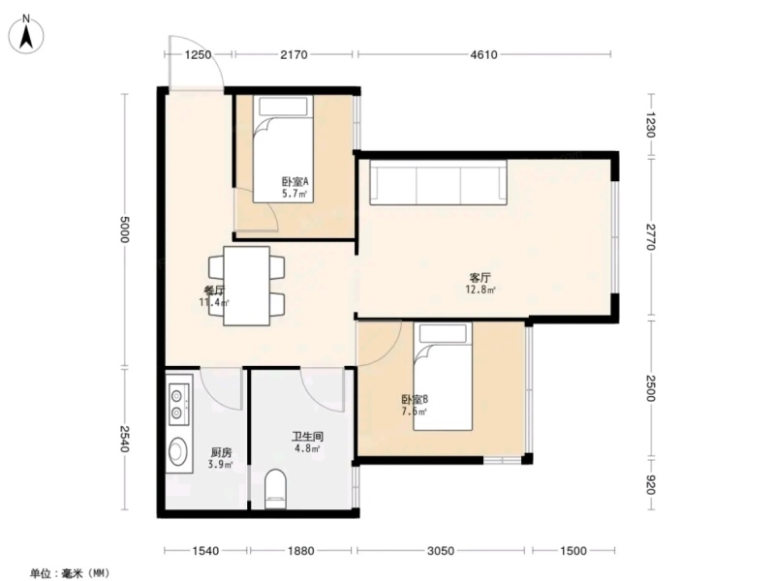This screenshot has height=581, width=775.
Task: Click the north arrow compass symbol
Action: click(26, 34)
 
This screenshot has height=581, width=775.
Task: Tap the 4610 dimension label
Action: click(483, 55)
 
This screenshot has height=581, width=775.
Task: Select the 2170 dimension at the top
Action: click(294, 55)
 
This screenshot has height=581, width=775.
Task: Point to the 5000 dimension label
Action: click(124, 229)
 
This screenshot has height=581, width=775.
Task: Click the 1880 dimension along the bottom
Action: click(300, 550)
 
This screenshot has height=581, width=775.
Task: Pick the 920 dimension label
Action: click(650, 485)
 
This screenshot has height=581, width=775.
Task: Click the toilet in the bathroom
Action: click(275, 489)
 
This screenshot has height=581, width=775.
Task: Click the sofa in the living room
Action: click(439, 182)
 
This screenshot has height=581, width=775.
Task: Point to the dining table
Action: click(247, 286)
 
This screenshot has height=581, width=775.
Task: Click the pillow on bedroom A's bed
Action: click(283, 107)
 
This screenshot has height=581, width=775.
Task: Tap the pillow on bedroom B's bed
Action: click(443, 333)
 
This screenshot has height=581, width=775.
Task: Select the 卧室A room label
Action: click(295, 181)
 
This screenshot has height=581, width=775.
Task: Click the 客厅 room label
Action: click(480, 278)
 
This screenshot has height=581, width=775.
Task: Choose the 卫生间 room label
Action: click(307, 437)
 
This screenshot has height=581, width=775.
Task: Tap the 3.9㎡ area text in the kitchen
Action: click(221, 465)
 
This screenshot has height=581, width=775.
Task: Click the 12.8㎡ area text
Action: click(480, 290)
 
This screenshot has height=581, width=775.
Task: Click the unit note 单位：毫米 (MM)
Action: click(69, 573)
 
